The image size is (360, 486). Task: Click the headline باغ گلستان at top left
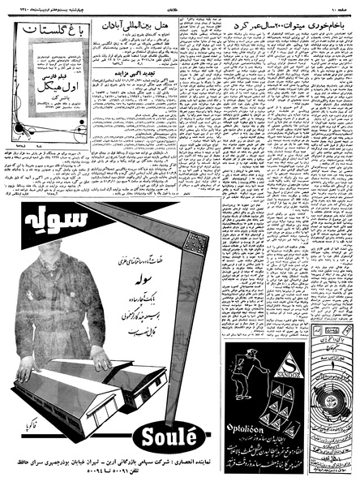pos(45,37)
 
